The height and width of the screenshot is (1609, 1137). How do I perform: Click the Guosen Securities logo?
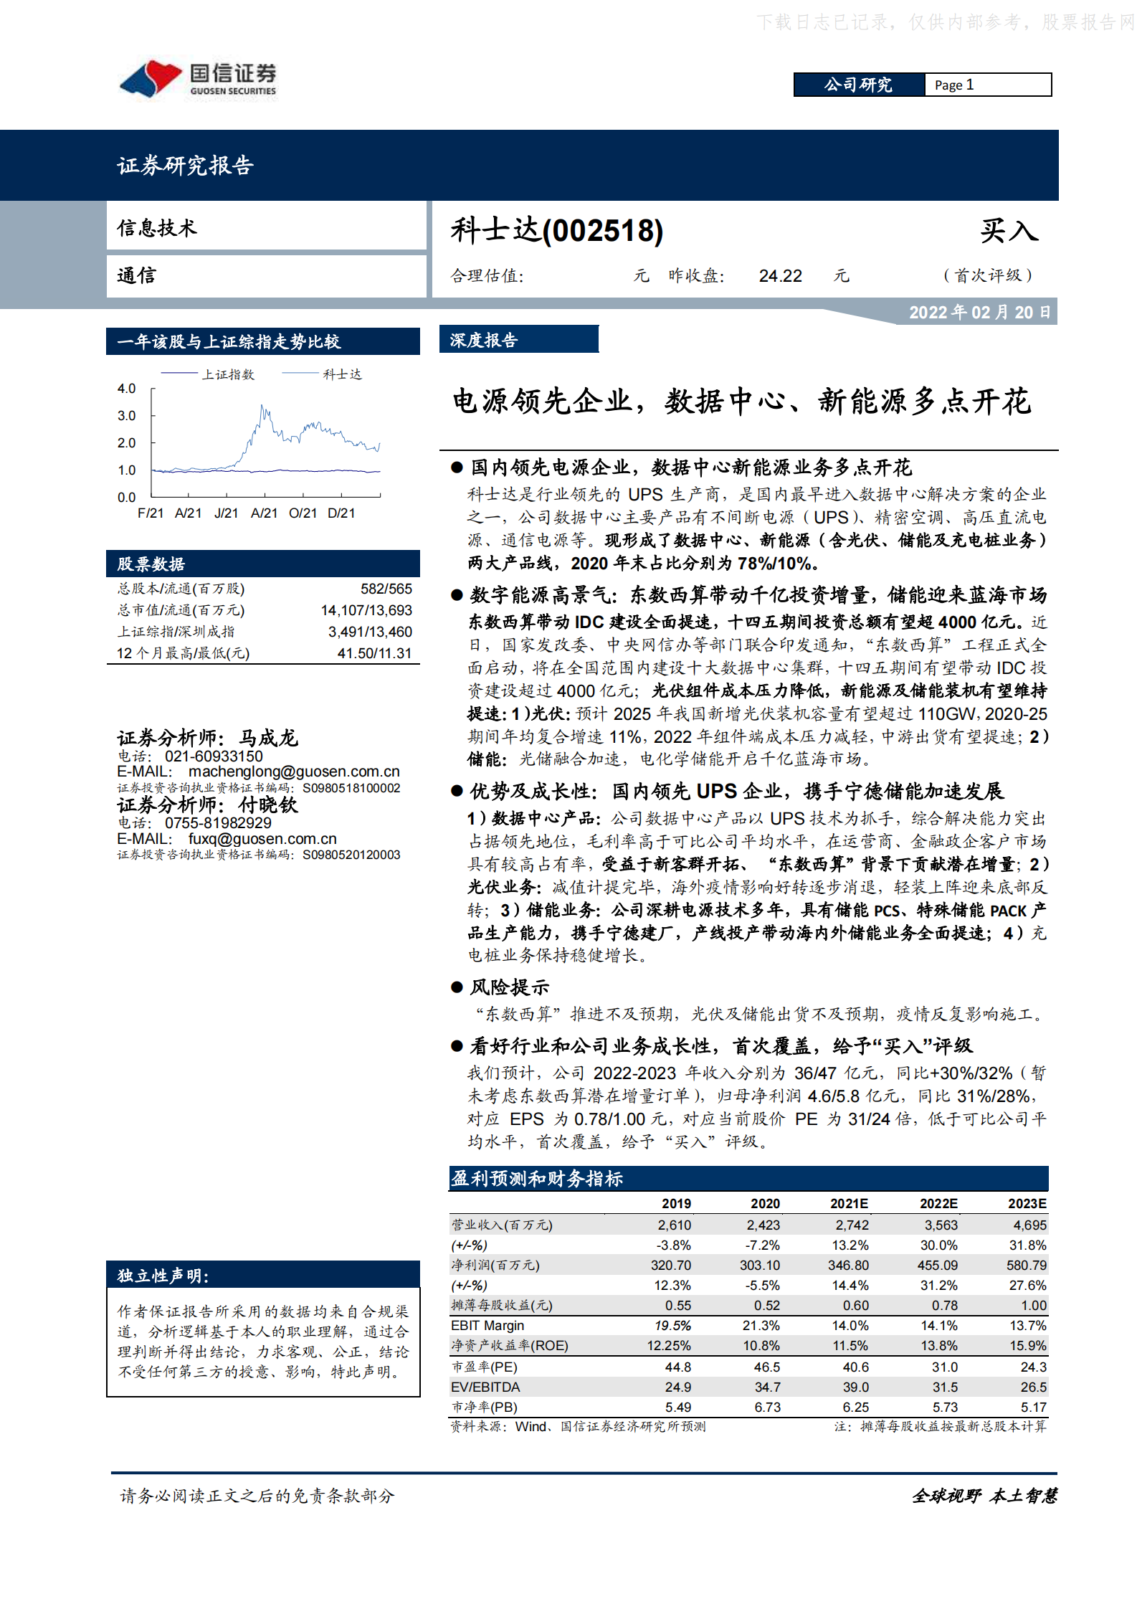pos(198,79)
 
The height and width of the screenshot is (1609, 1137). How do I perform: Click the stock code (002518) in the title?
pos(603,231)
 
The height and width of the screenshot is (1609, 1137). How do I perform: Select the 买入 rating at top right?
pos(1009,231)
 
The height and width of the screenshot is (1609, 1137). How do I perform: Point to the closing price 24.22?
pos(780,276)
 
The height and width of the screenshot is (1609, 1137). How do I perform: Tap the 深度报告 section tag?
pos(484,341)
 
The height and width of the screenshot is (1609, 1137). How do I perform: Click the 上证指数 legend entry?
pos(228,374)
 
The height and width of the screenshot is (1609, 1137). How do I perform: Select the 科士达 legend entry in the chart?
pos(342,374)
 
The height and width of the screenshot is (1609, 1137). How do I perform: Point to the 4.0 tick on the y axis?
pos(126,389)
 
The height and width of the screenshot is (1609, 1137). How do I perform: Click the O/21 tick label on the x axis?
pos(303,513)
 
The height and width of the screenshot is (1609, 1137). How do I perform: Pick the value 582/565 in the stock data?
pos(386,589)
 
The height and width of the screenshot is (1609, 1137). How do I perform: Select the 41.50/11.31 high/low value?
pos(374,653)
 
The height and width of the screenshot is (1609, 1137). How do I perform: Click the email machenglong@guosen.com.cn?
pos(294,772)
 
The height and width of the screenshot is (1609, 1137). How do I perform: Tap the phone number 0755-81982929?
pos(218,823)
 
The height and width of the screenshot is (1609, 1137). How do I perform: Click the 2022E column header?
pos(938,1204)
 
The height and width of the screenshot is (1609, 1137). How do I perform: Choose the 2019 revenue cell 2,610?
pos(675,1225)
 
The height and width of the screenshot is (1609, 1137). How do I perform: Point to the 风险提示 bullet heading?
pos(509,987)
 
